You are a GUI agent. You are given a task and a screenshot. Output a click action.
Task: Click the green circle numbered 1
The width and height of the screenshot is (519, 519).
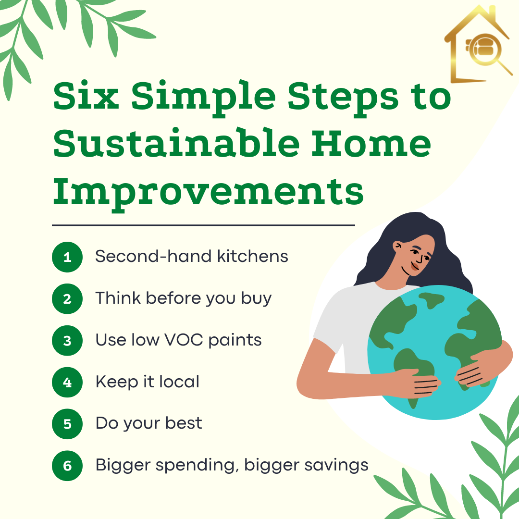pos(67,257)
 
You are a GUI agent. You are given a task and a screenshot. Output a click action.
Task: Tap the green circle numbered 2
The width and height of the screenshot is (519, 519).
pos(67,298)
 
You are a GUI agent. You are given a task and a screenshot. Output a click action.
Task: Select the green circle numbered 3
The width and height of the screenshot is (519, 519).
pos(67,340)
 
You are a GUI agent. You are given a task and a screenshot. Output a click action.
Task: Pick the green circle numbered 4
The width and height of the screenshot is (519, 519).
pos(67,382)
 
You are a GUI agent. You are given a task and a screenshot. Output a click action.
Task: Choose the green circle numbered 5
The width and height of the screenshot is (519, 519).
pos(67,424)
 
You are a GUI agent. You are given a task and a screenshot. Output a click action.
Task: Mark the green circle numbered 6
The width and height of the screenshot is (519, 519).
pos(67,465)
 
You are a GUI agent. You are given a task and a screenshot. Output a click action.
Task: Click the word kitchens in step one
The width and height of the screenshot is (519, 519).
pos(253,256)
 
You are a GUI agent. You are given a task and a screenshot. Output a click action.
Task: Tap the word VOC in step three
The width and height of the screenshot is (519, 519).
pos(184,340)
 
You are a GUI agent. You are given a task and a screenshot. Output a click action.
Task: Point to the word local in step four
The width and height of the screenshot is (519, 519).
pos(179,381)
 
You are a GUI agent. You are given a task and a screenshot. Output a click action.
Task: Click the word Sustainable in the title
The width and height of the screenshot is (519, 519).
pos(176,143)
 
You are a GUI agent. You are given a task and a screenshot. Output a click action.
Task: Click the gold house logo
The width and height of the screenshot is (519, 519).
pos(478,44)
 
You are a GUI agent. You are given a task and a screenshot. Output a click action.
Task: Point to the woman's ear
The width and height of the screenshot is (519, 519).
pos(397,246)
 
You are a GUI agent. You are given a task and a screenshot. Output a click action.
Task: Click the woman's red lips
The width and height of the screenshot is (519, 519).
pos(415,266)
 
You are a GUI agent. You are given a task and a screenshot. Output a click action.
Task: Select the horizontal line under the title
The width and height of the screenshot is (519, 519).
pos(203,225)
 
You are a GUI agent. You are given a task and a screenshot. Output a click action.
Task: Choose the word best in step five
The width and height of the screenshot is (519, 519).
pos(184,423)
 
